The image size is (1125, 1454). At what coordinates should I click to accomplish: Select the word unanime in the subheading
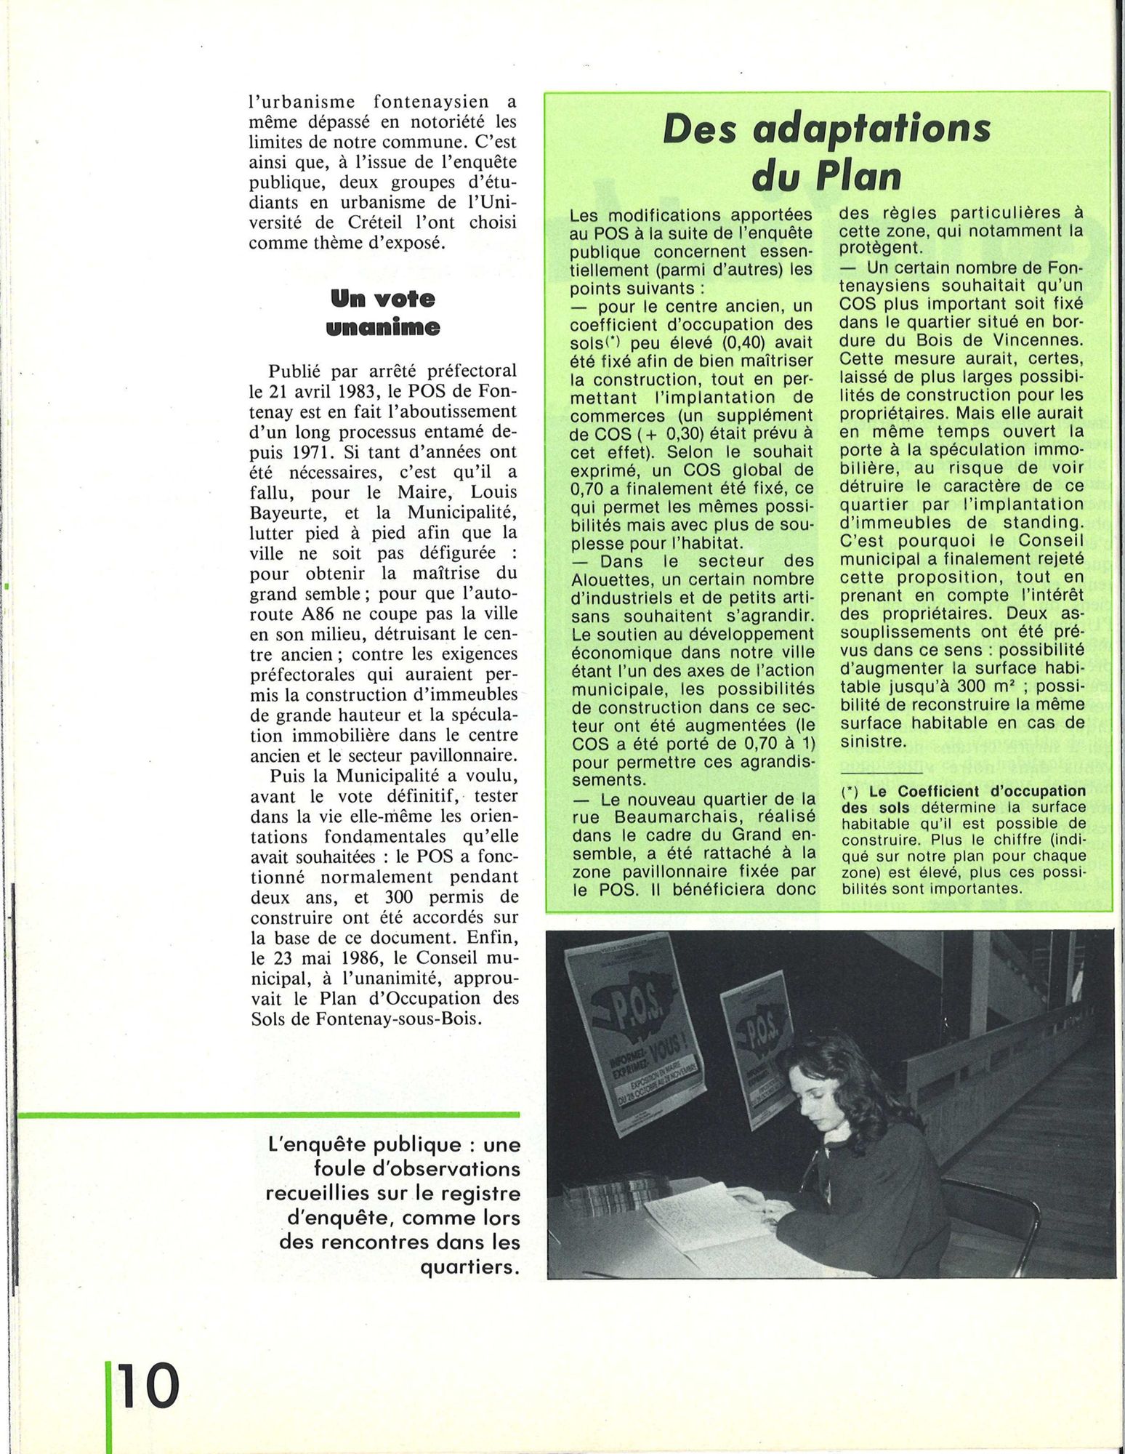[383, 328]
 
